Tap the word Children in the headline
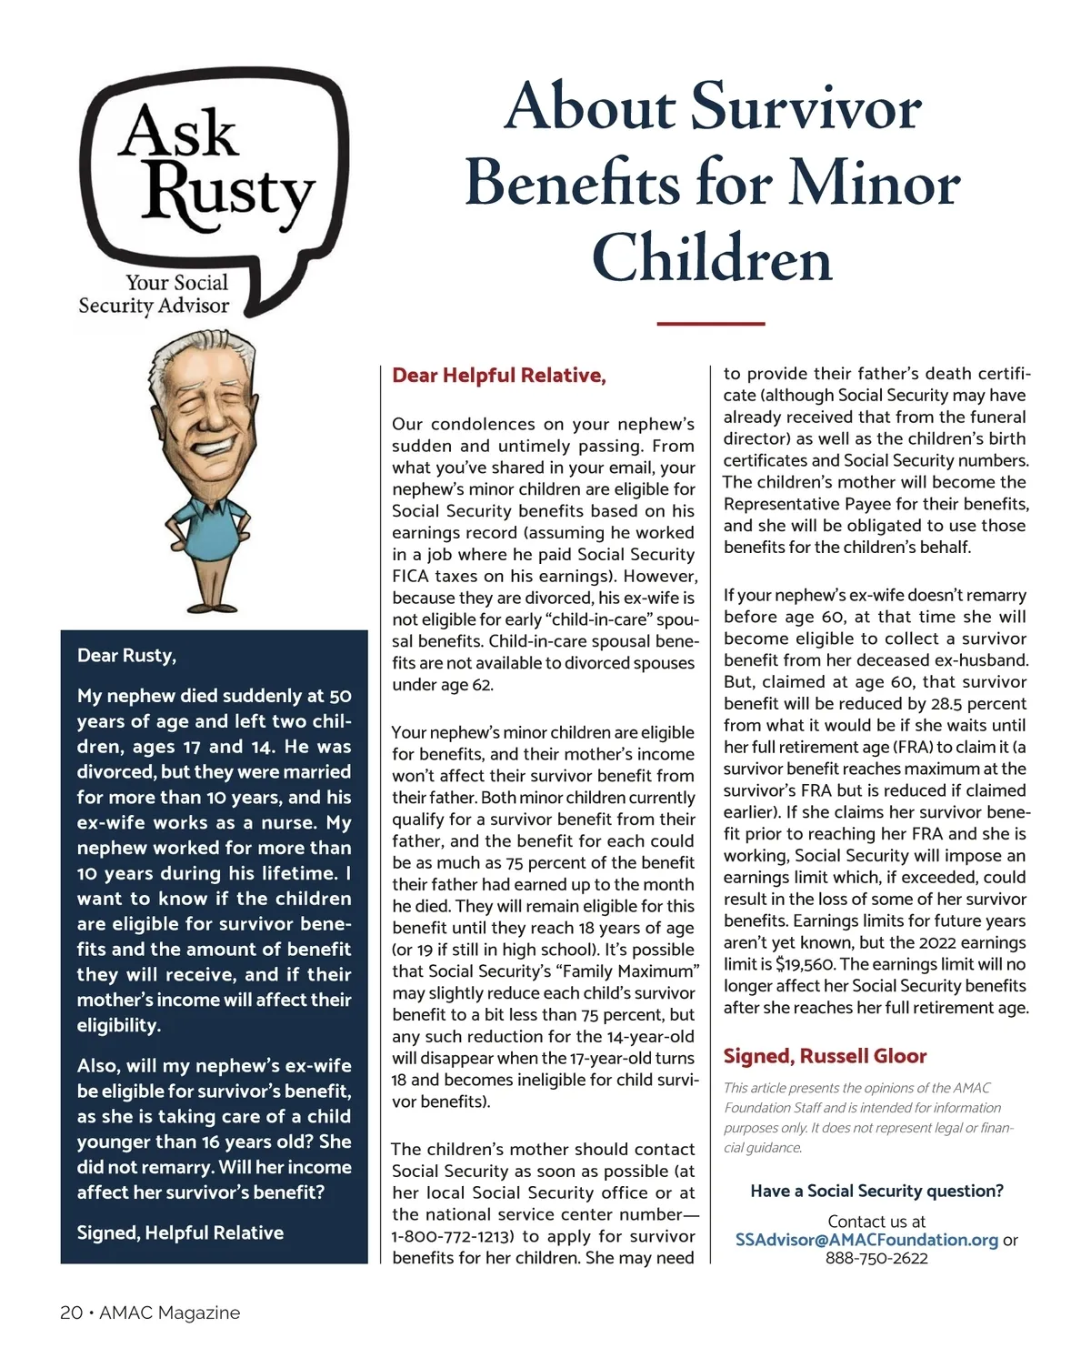point(712,258)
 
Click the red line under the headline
point(710,323)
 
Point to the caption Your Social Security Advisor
point(155,295)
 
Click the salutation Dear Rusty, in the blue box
point(126,656)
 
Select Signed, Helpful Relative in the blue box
point(180,1232)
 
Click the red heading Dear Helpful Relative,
point(498,376)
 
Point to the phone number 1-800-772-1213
point(452,1237)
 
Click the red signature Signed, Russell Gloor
point(825,1056)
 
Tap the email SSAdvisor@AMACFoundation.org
point(866,1240)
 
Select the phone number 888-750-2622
point(876,1259)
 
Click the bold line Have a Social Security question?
point(876,1191)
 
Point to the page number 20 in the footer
point(71,1313)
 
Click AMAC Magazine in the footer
point(170,1313)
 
